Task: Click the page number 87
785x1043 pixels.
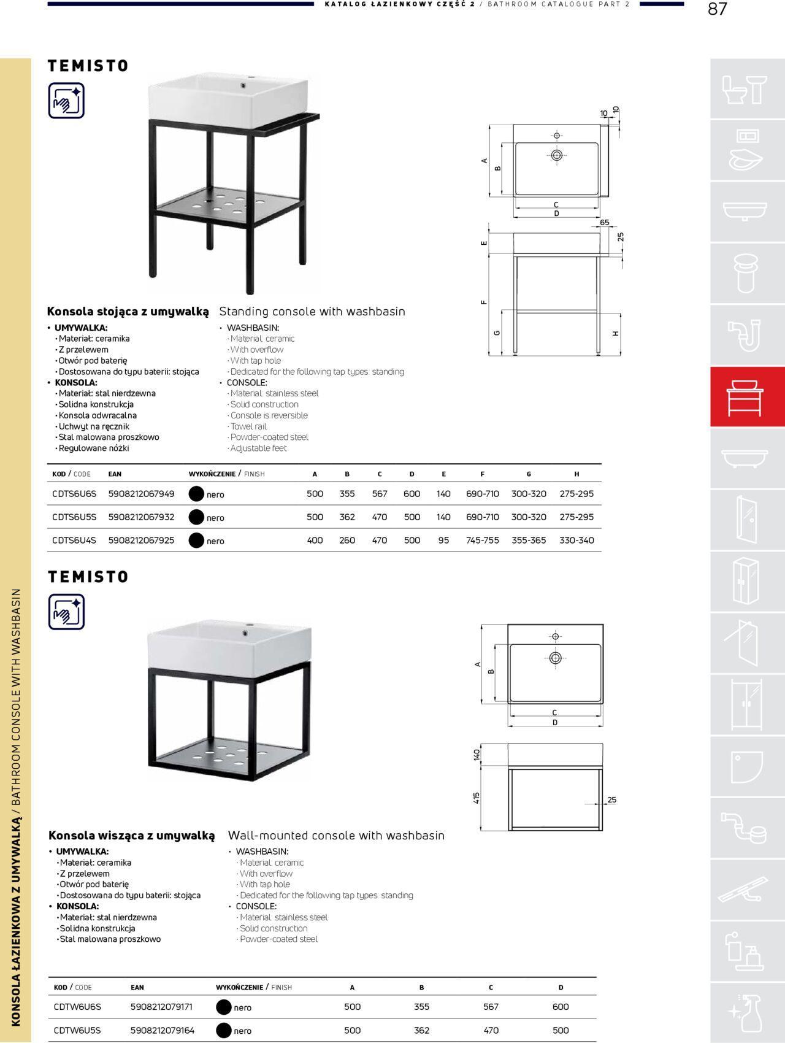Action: click(x=717, y=9)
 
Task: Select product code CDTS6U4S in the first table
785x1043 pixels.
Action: click(x=74, y=541)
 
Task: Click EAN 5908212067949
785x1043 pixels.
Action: click(x=141, y=494)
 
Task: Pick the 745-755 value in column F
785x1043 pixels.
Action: click(x=482, y=541)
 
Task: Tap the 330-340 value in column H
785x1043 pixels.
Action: click(x=576, y=541)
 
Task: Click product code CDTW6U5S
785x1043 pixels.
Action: click(x=77, y=1030)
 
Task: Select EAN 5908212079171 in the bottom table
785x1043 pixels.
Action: click(x=161, y=1007)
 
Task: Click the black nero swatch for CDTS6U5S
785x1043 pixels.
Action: click(x=196, y=517)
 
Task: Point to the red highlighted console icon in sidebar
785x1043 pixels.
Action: click(x=747, y=397)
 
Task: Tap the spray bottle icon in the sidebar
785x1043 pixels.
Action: click(x=747, y=1012)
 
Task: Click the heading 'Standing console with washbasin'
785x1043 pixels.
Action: click(x=312, y=312)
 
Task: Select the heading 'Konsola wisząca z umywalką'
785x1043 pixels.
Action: click(x=132, y=836)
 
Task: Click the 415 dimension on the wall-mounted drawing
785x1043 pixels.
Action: click(x=477, y=798)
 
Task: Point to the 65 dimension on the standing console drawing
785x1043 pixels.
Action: click(x=605, y=223)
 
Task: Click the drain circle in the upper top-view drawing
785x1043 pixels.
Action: click(x=557, y=155)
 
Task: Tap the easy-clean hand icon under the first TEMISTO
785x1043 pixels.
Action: click(x=66, y=101)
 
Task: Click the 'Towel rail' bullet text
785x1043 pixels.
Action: click(x=248, y=426)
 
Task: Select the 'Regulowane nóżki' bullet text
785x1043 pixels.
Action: click(x=94, y=448)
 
